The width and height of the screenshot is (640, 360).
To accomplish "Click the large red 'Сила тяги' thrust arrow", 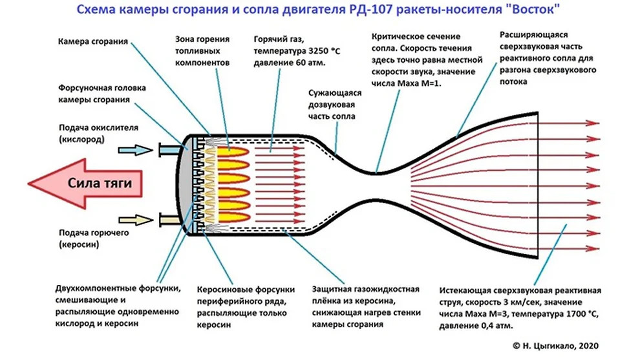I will click(x=91, y=184).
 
